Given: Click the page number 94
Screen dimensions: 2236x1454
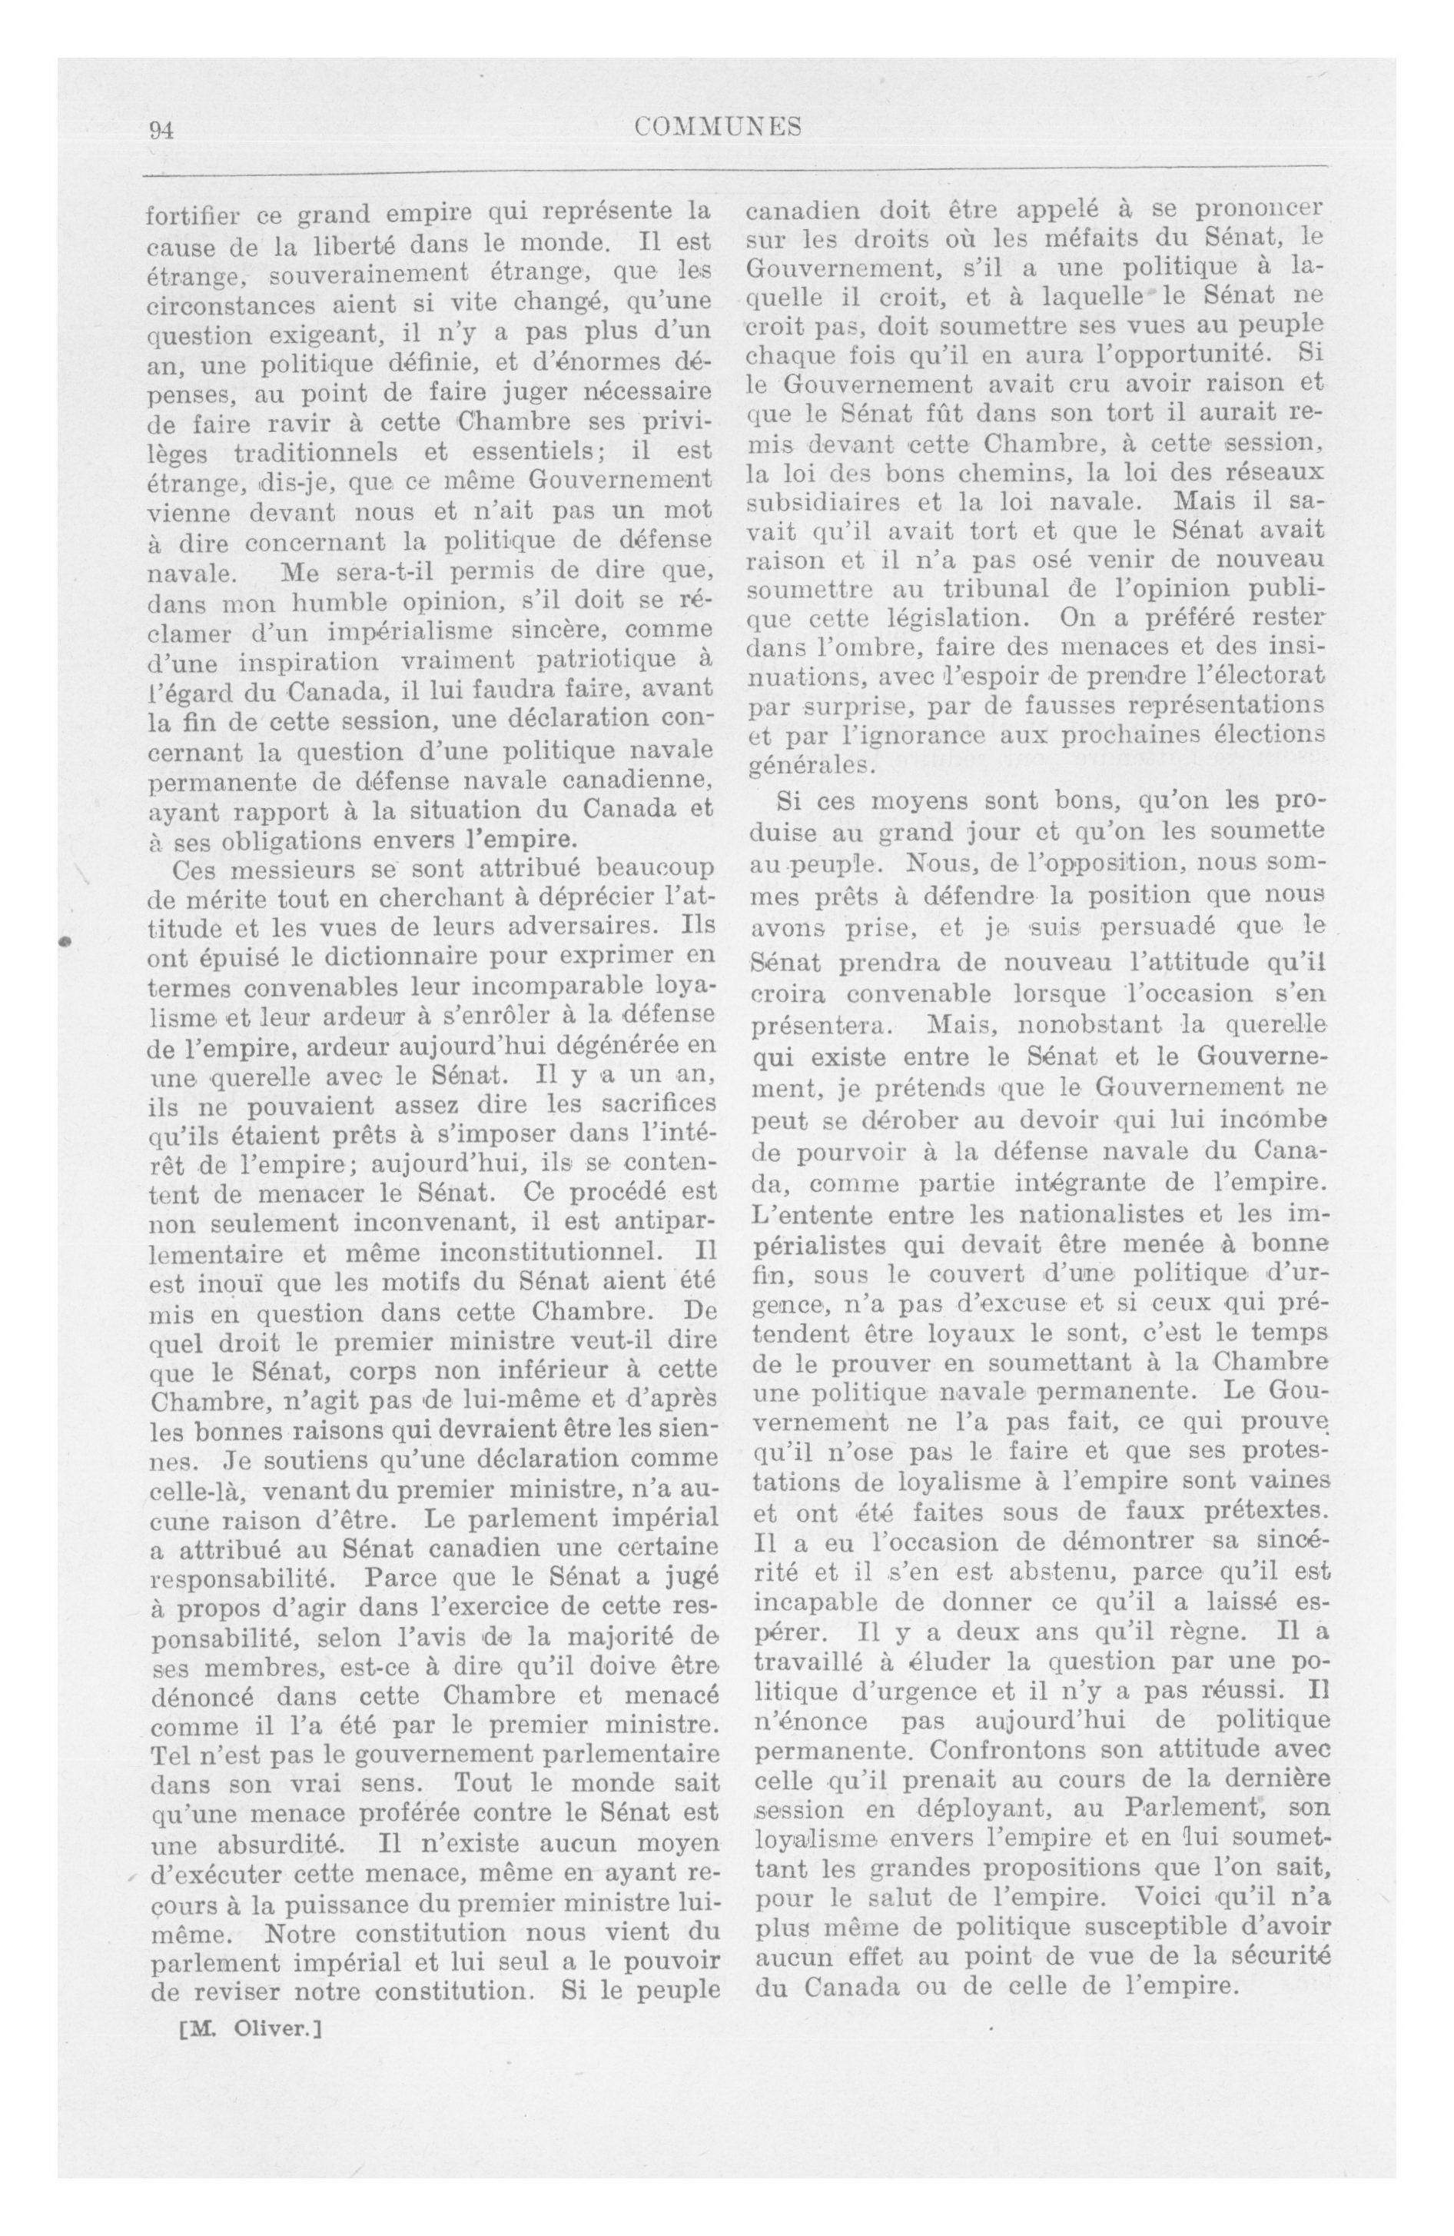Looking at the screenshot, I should pyautogui.click(x=161, y=131).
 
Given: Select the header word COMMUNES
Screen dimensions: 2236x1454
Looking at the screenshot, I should pyautogui.click(x=718, y=128).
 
